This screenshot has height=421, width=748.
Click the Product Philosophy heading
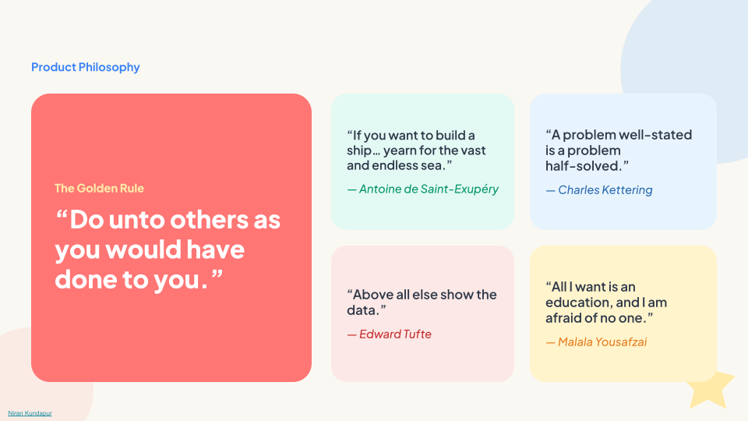tap(86, 67)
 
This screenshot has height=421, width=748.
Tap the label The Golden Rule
tap(99, 188)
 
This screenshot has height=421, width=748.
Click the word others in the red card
tap(210, 220)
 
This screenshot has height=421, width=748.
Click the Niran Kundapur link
tap(30, 413)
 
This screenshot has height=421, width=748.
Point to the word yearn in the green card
tap(399, 150)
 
